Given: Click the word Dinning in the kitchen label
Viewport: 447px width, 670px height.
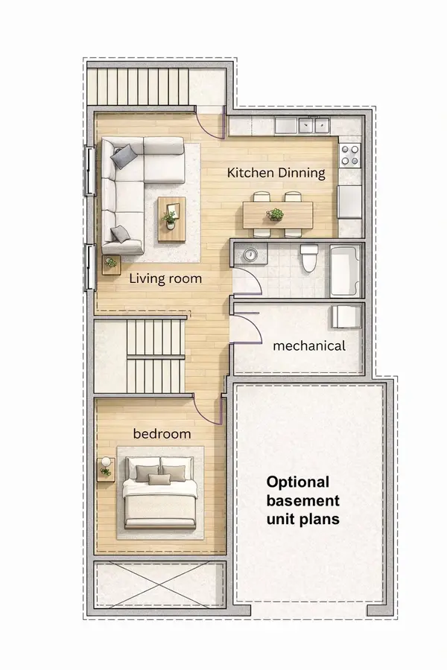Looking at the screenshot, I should click(302, 173).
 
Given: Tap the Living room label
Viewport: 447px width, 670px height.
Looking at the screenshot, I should click(165, 279).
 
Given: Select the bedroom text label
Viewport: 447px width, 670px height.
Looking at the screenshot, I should click(162, 433).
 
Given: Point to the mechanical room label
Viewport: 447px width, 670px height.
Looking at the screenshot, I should click(309, 346).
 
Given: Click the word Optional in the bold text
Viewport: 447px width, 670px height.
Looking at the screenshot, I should click(298, 482).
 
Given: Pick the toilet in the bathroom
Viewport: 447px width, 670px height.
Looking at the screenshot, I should click(309, 259).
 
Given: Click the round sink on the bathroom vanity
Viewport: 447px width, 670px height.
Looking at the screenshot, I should click(250, 255).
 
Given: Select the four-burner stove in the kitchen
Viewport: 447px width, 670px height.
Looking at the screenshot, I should click(349, 155).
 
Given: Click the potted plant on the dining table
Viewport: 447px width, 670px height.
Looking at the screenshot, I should click(276, 215).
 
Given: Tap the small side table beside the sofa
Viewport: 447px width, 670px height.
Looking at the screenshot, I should click(111, 264).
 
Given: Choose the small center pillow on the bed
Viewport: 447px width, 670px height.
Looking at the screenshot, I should click(159, 479).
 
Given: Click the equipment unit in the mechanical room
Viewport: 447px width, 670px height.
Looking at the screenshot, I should click(345, 316).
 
